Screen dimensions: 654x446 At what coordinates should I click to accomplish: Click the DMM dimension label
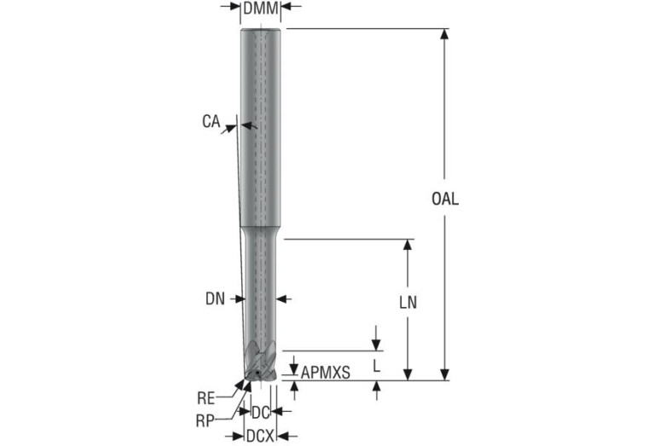click(x=260, y=8)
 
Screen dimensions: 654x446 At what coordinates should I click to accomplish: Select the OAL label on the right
click(x=445, y=199)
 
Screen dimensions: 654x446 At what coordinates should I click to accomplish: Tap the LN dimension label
click(x=408, y=303)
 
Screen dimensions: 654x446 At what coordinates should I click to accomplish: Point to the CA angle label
click(x=211, y=121)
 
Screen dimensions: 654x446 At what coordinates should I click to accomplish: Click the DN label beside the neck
click(x=215, y=298)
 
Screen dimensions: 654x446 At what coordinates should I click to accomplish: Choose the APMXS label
click(x=326, y=373)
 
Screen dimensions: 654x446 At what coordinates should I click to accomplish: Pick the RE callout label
click(x=206, y=398)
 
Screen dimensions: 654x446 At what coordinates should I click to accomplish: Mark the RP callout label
click(x=205, y=421)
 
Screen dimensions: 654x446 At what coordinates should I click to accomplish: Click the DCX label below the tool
click(x=260, y=437)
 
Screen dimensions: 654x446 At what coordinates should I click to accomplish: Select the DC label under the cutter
click(x=260, y=413)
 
